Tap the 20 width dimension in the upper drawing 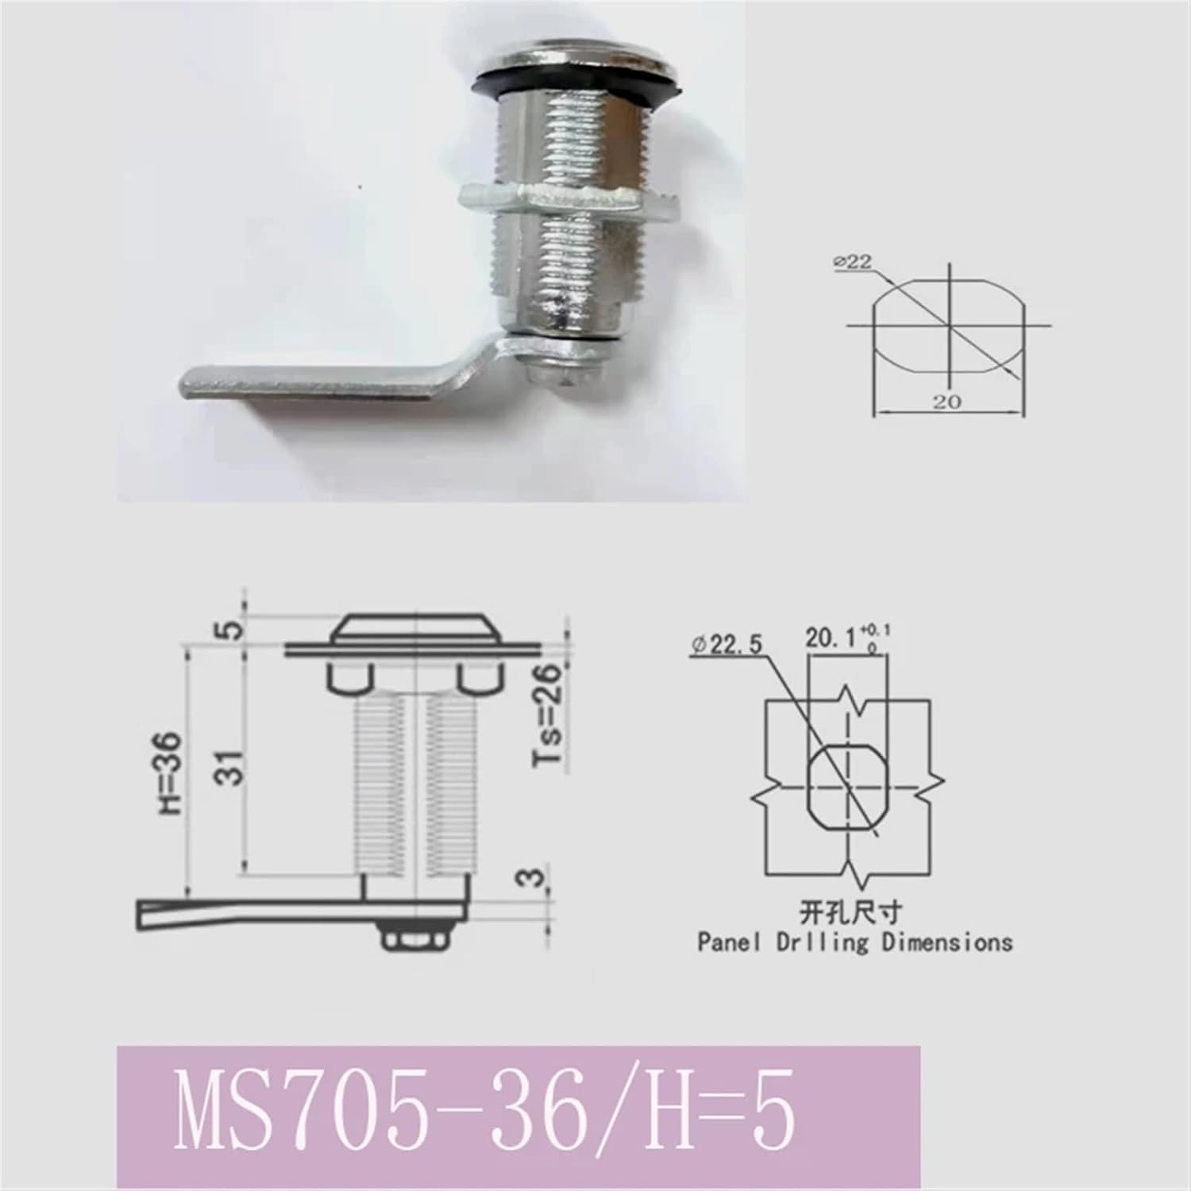click(x=946, y=403)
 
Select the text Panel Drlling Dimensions click(x=854, y=942)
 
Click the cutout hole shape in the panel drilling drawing click(x=847, y=784)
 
